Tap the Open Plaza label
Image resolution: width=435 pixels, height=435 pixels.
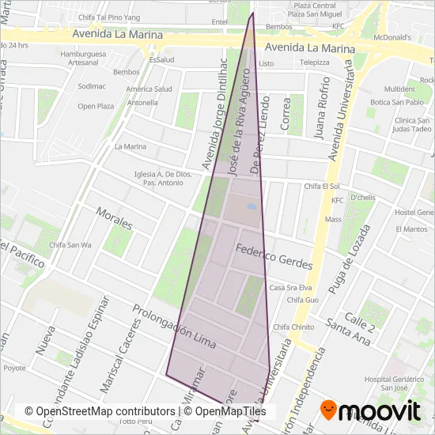(96, 106)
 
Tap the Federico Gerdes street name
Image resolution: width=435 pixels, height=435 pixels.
(274, 259)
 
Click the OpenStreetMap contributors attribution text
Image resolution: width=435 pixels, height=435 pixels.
(99, 412)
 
